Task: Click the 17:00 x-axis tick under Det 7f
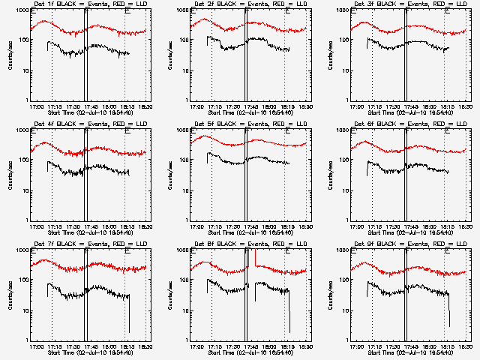coord(34,346)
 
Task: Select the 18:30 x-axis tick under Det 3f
coord(465,106)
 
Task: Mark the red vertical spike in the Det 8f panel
coord(256,259)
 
